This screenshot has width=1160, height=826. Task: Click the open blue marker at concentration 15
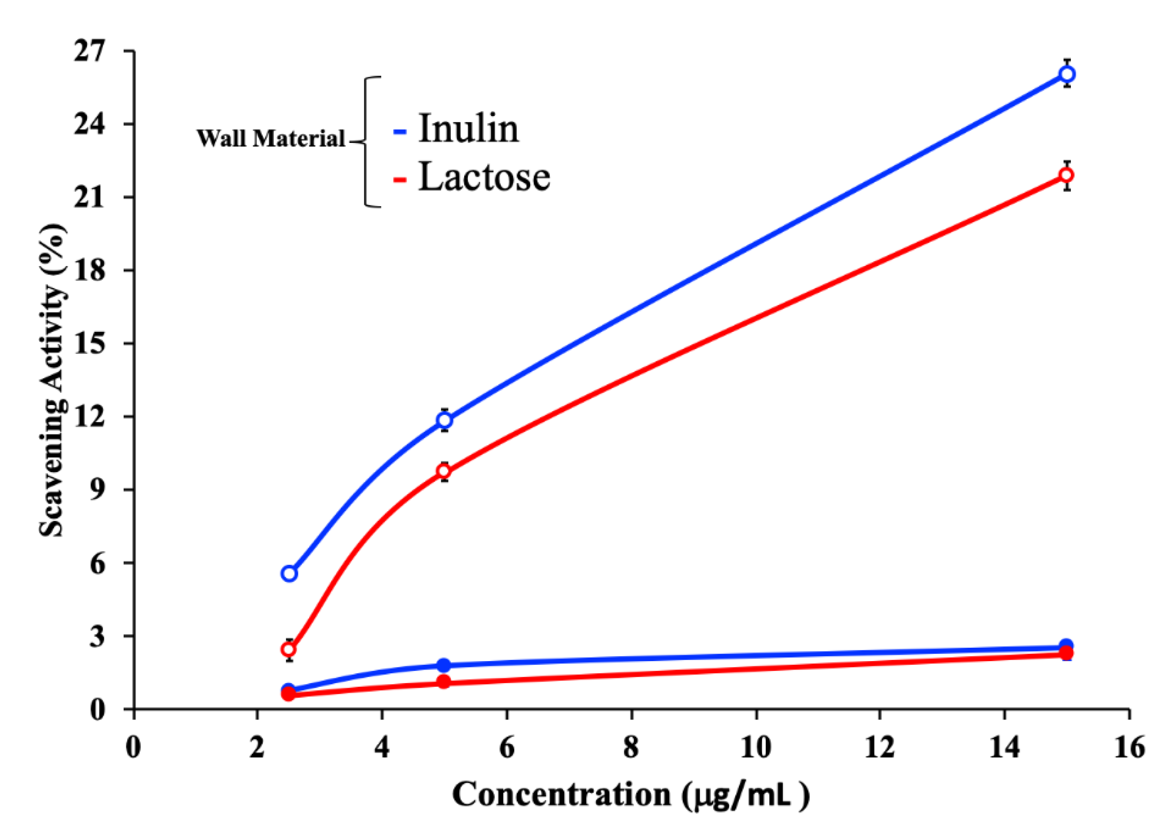point(1067,74)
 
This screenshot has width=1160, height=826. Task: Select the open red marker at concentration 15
point(1067,175)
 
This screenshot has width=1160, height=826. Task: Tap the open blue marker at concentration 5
point(444,420)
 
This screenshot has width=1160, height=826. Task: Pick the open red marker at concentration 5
point(444,472)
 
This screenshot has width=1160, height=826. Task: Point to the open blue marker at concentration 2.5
point(289,574)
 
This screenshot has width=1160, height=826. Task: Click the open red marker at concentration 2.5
point(289,650)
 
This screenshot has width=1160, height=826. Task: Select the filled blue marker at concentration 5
point(444,665)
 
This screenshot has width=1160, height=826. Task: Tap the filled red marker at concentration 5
point(444,682)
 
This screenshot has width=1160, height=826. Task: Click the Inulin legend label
point(468,128)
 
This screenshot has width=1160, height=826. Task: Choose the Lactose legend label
point(484,176)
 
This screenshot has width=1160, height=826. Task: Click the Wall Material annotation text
point(271,138)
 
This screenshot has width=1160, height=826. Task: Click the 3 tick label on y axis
point(97,636)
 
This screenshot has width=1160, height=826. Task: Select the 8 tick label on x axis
point(631,748)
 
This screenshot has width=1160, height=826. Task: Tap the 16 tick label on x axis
point(1130,748)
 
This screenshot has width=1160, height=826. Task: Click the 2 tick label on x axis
point(257,748)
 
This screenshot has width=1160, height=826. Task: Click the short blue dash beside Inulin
point(400,131)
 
